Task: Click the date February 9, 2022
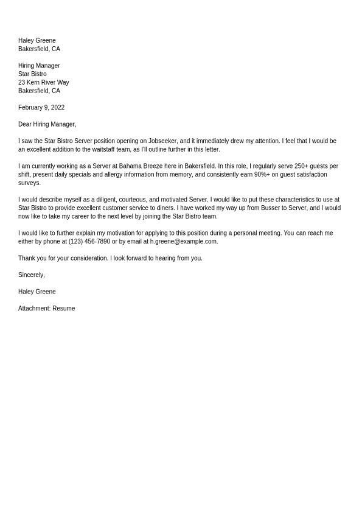click(41, 108)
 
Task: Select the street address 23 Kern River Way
click(44, 83)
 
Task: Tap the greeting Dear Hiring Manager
click(47, 124)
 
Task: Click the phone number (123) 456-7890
click(89, 242)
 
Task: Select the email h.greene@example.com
click(184, 242)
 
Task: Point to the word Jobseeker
click(162, 141)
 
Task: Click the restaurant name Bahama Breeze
click(141, 166)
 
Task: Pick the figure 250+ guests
click(311, 166)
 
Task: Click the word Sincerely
click(31, 275)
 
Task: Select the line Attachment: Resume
click(47, 309)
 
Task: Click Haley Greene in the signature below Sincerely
click(37, 292)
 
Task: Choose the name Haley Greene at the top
click(37, 41)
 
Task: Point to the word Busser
click(271, 208)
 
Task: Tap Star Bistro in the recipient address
click(32, 74)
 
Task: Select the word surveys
click(29, 183)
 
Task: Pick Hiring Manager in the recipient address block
click(39, 66)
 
